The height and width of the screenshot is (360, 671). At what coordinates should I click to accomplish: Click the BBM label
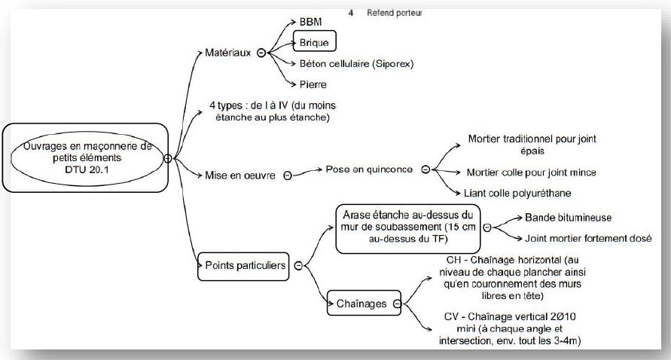tap(310, 22)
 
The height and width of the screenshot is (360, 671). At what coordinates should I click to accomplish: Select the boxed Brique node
tap(315, 41)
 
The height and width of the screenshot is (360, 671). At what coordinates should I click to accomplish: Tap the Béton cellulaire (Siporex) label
tap(356, 64)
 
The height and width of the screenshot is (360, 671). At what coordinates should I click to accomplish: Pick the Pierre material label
tap(313, 84)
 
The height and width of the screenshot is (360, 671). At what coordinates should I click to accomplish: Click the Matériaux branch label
tap(227, 53)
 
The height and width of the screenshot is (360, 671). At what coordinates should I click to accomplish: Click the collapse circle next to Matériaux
tap(261, 53)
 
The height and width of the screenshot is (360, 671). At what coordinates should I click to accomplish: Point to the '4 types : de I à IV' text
tap(273, 111)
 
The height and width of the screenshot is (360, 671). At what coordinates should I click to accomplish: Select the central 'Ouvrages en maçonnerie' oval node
tap(87, 158)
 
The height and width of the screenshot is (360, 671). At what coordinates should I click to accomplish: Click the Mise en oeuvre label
tap(239, 175)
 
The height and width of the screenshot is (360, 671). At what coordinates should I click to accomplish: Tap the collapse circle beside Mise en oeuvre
tap(288, 175)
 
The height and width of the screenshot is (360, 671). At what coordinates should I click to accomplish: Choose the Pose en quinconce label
tap(369, 169)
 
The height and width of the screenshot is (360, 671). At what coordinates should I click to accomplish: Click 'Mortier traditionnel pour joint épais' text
tap(532, 145)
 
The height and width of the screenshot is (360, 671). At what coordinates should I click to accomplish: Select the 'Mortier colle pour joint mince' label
tap(531, 172)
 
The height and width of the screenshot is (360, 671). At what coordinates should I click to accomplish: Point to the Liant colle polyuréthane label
tap(517, 193)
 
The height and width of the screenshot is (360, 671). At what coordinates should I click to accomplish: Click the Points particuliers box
tap(243, 267)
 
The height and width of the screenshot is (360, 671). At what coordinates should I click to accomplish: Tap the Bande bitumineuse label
tap(569, 218)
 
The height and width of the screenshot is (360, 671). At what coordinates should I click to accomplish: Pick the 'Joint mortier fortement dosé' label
tap(588, 239)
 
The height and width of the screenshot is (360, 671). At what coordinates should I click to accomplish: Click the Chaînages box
tap(364, 303)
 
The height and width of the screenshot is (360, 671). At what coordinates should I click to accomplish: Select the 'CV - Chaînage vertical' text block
tap(510, 329)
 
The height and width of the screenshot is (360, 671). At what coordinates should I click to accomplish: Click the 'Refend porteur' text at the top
tap(394, 13)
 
